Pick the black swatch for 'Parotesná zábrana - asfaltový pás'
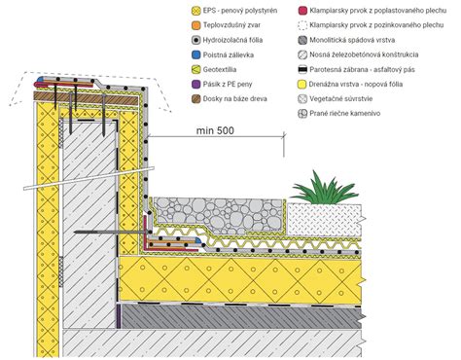point(292,71)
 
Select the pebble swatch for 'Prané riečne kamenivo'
point(292,116)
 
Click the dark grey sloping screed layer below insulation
point(243,316)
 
